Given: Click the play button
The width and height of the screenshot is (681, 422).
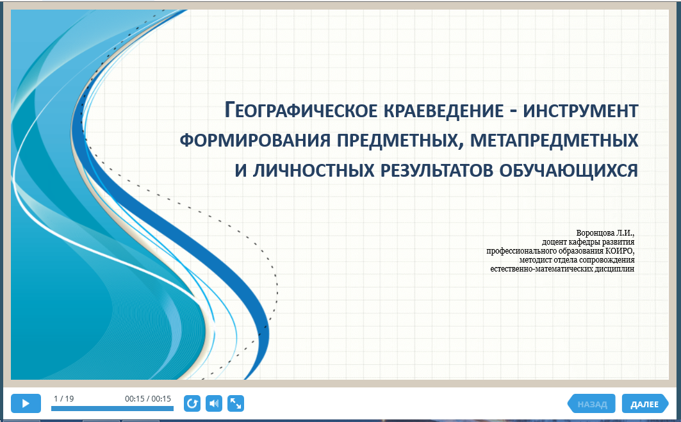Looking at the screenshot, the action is pyautogui.click(x=26, y=403).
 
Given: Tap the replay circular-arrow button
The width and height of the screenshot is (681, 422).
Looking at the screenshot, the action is pyautogui.click(x=192, y=403).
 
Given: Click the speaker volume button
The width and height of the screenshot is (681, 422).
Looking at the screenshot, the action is pyautogui.click(x=214, y=403).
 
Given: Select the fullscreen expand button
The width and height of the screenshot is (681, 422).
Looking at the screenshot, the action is pyautogui.click(x=235, y=403).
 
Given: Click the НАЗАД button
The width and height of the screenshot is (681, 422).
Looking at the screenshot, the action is pyautogui.click(x=591, y=404).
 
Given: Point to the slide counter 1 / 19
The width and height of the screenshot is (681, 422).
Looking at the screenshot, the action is pyautogui.click(x=64, y=398).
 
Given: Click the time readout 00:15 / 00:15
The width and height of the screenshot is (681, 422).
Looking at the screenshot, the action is pyautogui.click(x=148, y=398).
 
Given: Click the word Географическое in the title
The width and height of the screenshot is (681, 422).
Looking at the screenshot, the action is pyautogui.click(x=301, y=110).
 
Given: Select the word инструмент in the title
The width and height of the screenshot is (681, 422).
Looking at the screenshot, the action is pyautogui.click(x=580, y=111).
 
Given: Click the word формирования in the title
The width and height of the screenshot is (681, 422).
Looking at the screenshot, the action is pyautogui.click(x=255, y=140).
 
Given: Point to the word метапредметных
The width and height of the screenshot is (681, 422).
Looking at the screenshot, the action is pyautogui.click(x=554, y=140).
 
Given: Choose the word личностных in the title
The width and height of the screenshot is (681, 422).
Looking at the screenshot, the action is pyautogui.click(x=313, y=170).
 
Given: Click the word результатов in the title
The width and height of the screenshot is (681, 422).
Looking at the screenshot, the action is pyautogui.click(x=436, y=170).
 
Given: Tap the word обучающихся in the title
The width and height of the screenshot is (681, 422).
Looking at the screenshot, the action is pyautogui.click(x=568, y=170).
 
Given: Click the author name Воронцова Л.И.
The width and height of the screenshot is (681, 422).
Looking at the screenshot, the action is pyautogui.click(x=605, y=233).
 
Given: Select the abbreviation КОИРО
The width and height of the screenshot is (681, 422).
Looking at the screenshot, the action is pyautogui.click(x=619, y=251).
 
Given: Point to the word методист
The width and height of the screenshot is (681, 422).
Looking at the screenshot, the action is pyautogui.click(x=536, y=260).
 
